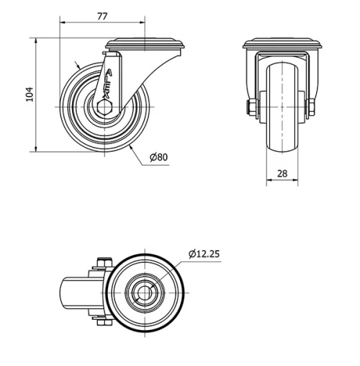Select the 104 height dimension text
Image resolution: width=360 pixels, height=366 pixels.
[29, 94]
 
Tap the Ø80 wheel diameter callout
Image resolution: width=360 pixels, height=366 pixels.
[159, 157]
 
